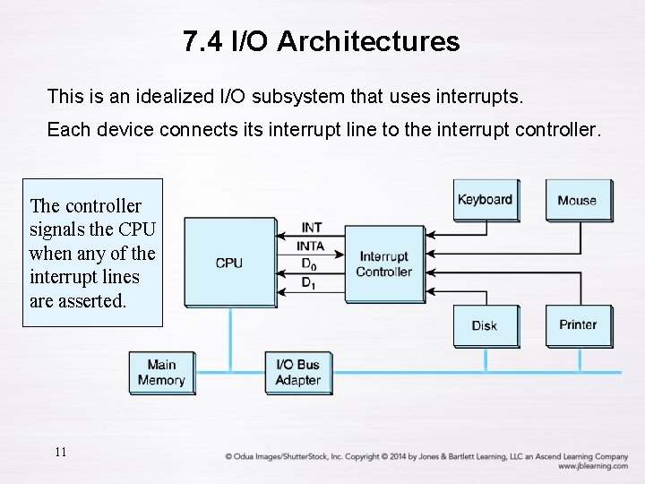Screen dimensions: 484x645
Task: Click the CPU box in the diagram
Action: click(x=229, y=263)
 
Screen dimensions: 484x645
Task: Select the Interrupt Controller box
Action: click(x=383, y=264)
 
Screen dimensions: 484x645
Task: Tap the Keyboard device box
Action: click(x=485, y=200)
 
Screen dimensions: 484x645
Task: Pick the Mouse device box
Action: click(x=578, y=200)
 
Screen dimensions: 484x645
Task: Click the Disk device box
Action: click(x=485, y=325)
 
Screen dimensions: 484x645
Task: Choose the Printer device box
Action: click(x=578, y=324)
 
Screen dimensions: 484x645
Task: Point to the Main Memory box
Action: click(x=161, y=372)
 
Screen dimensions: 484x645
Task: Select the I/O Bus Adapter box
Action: click(x=298, y=372)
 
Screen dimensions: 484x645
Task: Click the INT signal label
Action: click(x=312, y=228)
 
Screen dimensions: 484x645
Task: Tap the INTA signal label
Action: click(x=310, y=246)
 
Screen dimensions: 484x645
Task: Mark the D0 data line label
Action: click(x=308, y=264)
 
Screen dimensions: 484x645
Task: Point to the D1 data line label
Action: click(x=308, y=283)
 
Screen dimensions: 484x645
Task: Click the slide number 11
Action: click(x=60, y=452)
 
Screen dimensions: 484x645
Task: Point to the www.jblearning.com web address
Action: click(x=592, y=466)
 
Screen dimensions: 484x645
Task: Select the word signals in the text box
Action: click(x=59, y=229)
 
